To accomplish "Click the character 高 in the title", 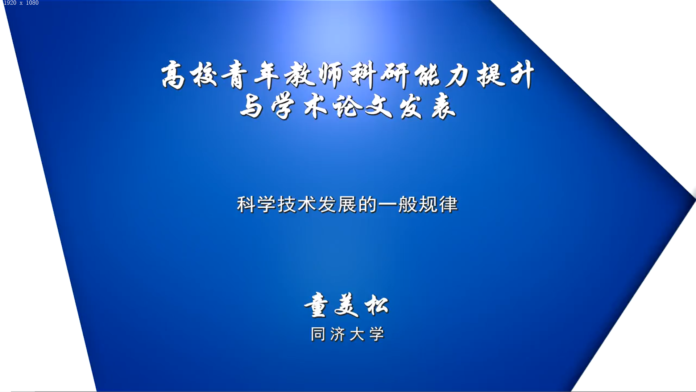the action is (173, 75).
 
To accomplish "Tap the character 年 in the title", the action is (267, 75).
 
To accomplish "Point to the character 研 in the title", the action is (395, 75).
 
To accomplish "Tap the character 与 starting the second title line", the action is (251, 106).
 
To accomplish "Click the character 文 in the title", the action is (378, 107).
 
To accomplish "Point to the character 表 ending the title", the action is (444, 107).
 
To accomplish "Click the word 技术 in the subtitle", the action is (297, 204).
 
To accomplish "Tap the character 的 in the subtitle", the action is (368, 204).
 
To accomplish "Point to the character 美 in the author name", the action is (347, 305).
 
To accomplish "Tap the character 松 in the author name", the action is (377, 305).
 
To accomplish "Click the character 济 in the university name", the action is (337, 334).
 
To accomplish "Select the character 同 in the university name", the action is (318, 334).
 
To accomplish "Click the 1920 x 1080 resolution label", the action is (21, 3).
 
